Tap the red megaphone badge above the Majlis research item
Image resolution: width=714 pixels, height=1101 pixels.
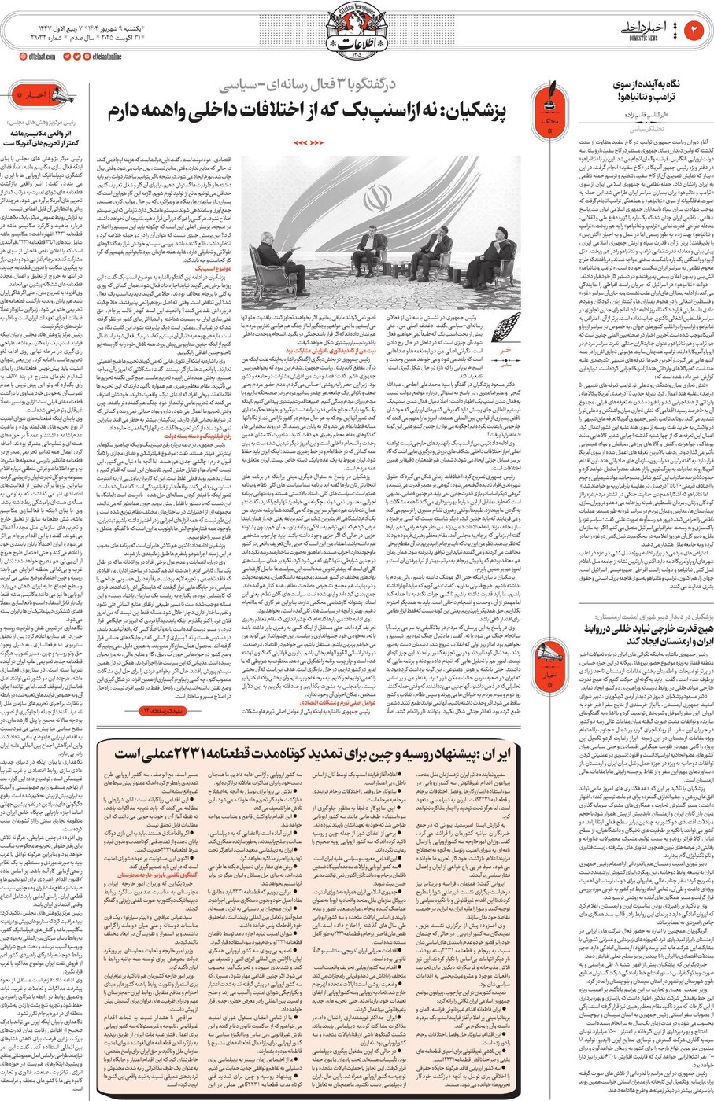pyautogui.click(x=39, y=98)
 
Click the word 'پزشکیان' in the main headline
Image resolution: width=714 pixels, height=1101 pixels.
pyautogui.click(x=489, y=108)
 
